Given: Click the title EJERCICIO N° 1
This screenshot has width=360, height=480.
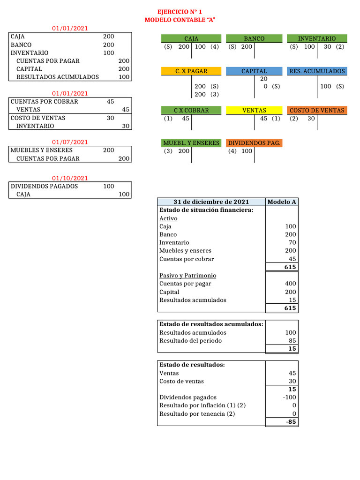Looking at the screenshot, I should click(x=180, y=11).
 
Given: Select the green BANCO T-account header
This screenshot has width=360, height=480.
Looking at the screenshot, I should click(x=254, y=38).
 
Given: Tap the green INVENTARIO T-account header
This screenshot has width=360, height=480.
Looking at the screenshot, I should click(x=317, y=38).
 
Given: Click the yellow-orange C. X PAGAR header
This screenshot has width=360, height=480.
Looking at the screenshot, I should click(x=191, y=71).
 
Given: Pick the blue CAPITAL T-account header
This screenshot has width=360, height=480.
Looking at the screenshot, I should click(x=254, y=71).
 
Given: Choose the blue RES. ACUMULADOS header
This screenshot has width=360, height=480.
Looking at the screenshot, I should click(x=317, y=71).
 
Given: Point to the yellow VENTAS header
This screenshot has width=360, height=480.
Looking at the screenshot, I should click(x=254, y=110).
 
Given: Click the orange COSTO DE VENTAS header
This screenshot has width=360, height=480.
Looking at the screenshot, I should click(x=317, y=110).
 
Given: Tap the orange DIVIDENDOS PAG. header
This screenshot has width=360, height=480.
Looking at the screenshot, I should click(x=254, y=142).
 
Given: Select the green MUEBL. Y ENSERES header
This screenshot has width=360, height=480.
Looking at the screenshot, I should click(x=191, y=142).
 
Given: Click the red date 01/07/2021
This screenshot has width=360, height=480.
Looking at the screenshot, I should click(x=70, y=142).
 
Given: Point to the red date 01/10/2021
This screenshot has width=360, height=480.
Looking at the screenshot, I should click(x=70, y=178).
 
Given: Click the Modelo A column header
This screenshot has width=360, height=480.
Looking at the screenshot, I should click(x=281, y=202).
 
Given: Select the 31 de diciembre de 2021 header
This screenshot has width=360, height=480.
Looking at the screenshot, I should click(x=211, y=202).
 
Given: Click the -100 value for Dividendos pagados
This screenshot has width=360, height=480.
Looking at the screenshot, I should click(x=289, y=397).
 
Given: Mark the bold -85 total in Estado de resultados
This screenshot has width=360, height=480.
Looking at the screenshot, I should click(x=291, y=422).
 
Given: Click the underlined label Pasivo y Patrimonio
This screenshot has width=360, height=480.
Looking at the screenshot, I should click(x=187, y=275).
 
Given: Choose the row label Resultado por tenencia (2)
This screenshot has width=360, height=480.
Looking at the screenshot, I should click(x=197, y=413).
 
